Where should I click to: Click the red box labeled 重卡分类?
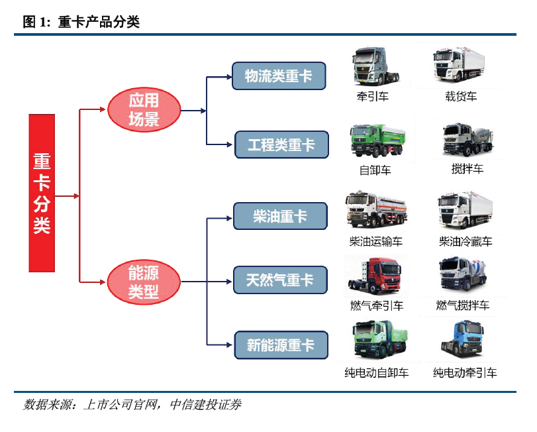point(41,193)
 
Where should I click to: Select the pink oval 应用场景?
point(144,110)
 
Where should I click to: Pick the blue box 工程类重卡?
point(281,144)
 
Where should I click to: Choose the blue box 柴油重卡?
point(280,216)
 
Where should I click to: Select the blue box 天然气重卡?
point(280,280)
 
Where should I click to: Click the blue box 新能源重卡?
point(281,345)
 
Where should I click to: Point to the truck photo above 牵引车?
point(374,66)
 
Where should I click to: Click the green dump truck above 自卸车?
point(374,141)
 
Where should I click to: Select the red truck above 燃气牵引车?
point(375,277)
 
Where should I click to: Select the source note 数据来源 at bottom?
point(132,404)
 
